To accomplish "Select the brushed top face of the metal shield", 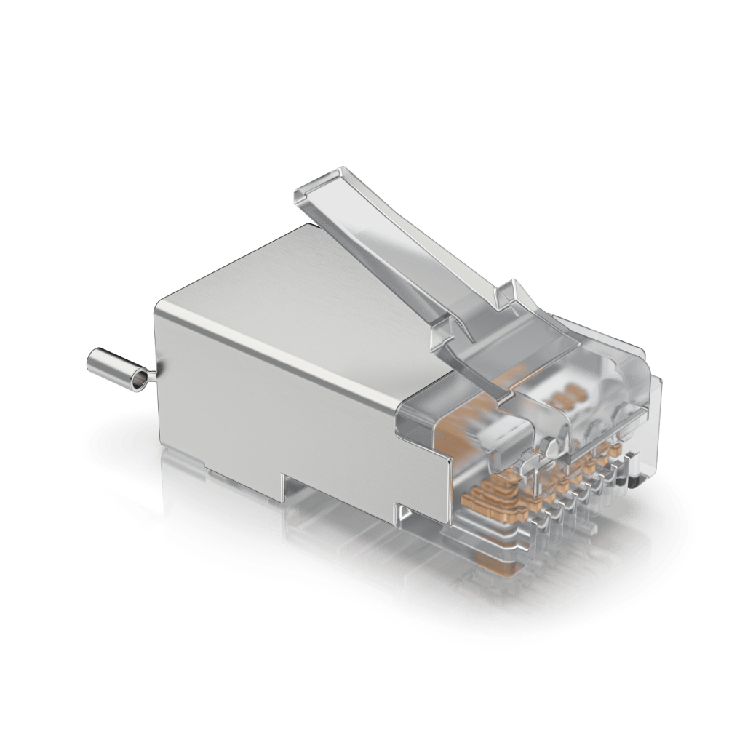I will click(291, 291).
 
